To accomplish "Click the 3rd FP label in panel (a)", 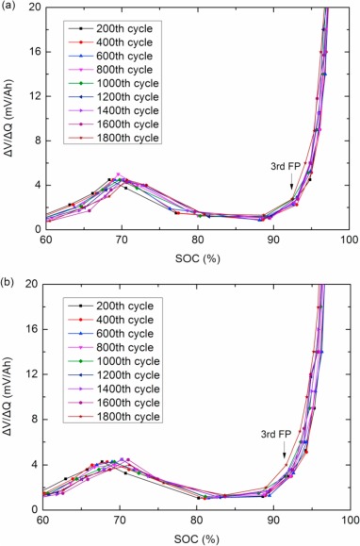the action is (286, 167).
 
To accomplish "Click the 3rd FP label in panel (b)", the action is (276, 434).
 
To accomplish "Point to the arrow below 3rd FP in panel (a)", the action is (292, 181).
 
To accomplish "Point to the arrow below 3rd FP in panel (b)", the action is (284, 450).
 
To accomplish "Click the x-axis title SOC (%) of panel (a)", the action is (198, 258).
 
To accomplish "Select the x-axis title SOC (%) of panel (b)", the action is (197, 539).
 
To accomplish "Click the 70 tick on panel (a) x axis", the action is (122, 240).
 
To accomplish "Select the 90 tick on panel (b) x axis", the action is (274, 520).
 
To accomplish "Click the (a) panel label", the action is (7, 6).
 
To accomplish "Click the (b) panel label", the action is (7, 282).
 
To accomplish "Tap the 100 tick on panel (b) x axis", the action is (351, 520).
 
